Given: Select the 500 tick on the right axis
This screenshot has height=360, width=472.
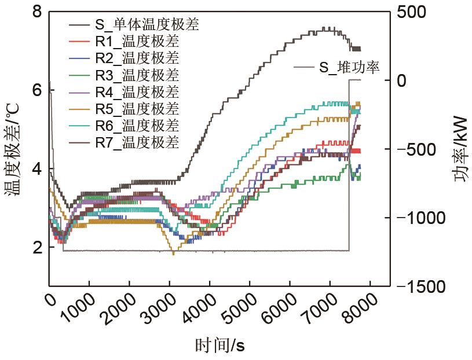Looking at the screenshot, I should [413, 12].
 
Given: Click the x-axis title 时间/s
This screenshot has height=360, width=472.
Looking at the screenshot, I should [220, 346].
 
